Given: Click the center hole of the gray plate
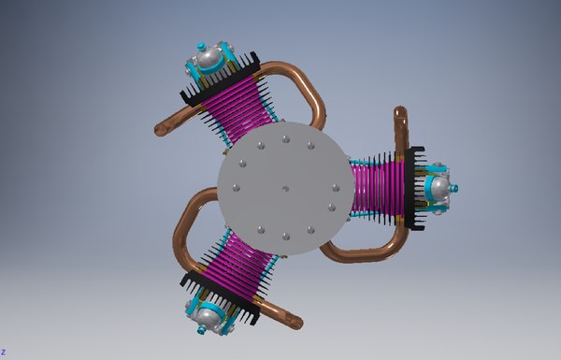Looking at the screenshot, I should click(x=284, y=188).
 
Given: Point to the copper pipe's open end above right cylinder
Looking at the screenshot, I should click(x=401, y=113).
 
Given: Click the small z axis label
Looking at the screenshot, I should click(x=3, y=353).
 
